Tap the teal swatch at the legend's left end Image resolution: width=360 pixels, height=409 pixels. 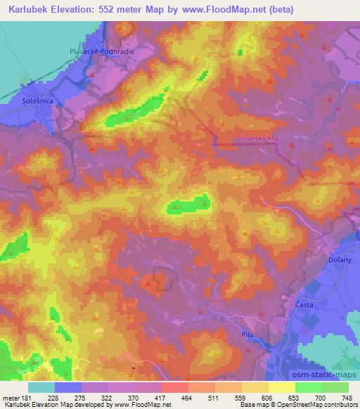[42, 387]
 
